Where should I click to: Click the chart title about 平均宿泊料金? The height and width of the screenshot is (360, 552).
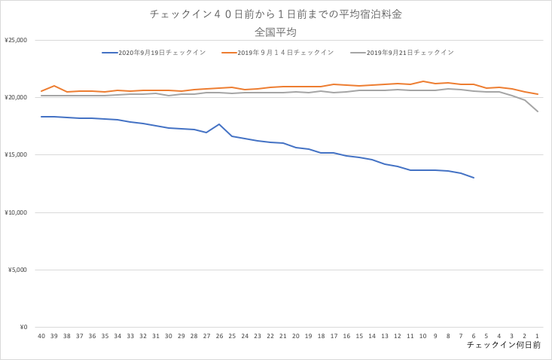click(276, 14)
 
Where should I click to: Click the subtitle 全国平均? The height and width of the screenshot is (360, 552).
click(276, 32)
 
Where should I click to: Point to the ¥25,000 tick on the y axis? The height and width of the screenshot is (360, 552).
click(16, 41)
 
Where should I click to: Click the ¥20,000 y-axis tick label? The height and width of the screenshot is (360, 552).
click(16, 98)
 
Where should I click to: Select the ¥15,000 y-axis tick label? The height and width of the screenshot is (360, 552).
click(16, 155)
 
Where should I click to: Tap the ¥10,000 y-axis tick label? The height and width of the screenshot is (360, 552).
click(16, 212)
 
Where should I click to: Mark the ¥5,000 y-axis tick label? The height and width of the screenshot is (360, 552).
click(17, 270)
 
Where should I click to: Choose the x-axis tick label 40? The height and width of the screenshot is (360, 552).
click(41, 336)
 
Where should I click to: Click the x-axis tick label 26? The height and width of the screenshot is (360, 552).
click(219, 336)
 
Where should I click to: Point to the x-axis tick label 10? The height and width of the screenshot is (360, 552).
click(422, 336)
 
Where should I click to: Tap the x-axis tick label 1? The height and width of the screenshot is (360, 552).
click(537, 336)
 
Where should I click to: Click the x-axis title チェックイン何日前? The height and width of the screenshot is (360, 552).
click(503, 346)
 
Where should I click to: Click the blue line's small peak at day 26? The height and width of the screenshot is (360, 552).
click(219, 124)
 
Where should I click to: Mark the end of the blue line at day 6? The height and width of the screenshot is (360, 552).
click(474, 178)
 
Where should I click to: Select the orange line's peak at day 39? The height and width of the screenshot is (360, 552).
click(54, 86)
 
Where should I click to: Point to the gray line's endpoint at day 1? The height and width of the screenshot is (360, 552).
click(537, 111)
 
